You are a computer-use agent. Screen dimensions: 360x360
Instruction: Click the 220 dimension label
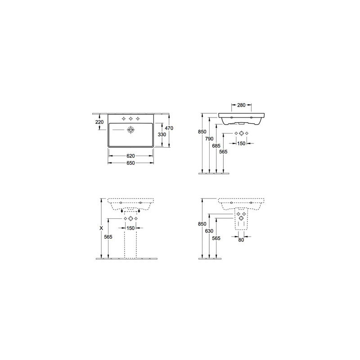99,122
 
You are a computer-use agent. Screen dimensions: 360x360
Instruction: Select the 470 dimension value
169,128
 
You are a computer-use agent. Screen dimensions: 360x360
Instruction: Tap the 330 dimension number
162,135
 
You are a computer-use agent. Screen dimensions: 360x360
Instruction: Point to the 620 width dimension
130,156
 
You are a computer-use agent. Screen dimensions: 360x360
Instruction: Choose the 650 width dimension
130,163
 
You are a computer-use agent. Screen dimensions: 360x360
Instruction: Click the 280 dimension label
241,105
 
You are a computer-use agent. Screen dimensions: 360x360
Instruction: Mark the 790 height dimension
209,139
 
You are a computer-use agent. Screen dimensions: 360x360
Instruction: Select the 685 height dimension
216,146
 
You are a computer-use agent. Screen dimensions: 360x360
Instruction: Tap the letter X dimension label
101,228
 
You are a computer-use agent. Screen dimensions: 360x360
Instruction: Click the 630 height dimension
209,231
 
